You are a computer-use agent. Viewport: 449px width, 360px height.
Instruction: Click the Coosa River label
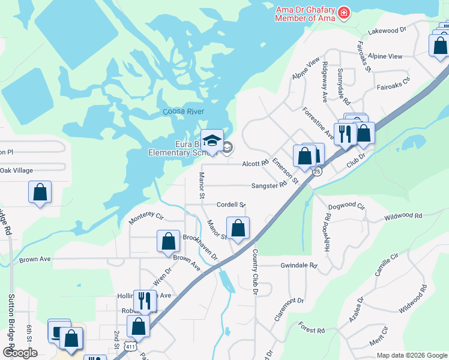tap(184, 112)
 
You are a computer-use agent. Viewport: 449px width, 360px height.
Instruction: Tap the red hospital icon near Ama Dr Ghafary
tap(344, 13)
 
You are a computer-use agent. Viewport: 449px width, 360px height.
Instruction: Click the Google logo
tap(20, 353)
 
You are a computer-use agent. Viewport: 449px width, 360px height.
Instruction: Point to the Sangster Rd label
tap(269, 186)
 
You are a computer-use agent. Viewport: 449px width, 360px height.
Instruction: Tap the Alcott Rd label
tap(255, 163)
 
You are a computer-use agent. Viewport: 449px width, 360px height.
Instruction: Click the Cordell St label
tap(231, 205)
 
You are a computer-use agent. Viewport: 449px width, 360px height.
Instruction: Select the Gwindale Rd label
tap(298, 265)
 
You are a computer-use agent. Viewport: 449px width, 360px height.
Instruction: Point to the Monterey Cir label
tap(146, 217)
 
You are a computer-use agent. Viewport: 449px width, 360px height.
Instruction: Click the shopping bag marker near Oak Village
tap(40, 192)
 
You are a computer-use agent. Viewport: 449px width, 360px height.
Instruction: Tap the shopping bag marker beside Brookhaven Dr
tap(168, 241)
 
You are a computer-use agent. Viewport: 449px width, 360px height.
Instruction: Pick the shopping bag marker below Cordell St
tap(238, 228)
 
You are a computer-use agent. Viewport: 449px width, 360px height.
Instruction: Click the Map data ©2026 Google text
tap(411, 355)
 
